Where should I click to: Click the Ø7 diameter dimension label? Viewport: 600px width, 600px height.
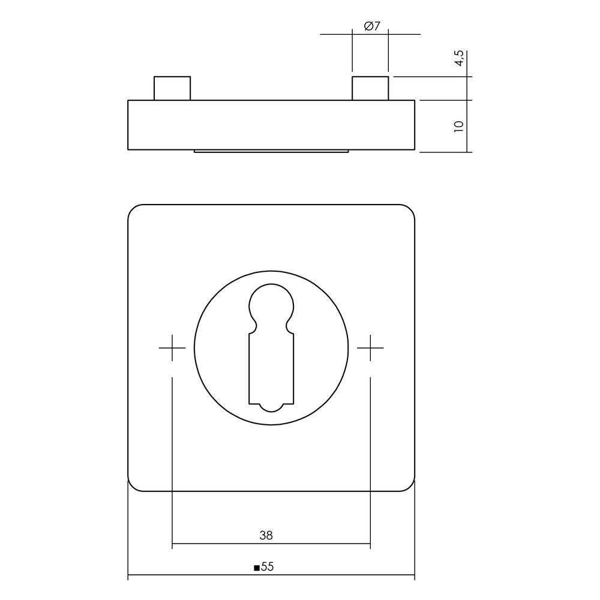[x=373, y=26]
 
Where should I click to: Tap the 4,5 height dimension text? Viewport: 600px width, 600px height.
[x=459, y=58]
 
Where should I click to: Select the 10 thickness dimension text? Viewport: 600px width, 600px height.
[x=459, y=126]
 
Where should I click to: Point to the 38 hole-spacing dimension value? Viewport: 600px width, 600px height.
[x=266, y=535]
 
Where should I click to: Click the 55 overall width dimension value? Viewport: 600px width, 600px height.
[x=268, y=567]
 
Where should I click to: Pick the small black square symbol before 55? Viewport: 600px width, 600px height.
[x=257, y=568]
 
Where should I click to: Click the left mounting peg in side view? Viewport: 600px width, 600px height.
[x=172, y=88]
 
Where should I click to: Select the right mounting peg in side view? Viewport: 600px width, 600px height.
[x=370, y=88]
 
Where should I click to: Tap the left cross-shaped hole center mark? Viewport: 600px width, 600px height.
[x=172, y=348]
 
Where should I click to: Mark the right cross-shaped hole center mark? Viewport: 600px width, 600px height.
[x=370, y=348]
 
